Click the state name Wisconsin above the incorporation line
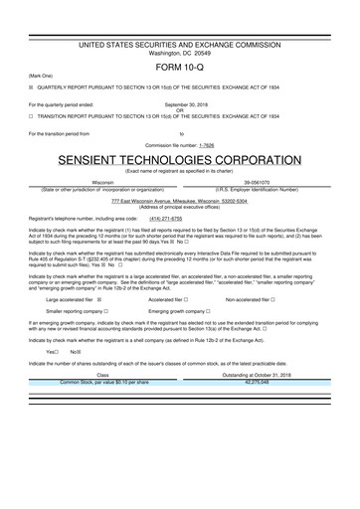click(x=102, y=183)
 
